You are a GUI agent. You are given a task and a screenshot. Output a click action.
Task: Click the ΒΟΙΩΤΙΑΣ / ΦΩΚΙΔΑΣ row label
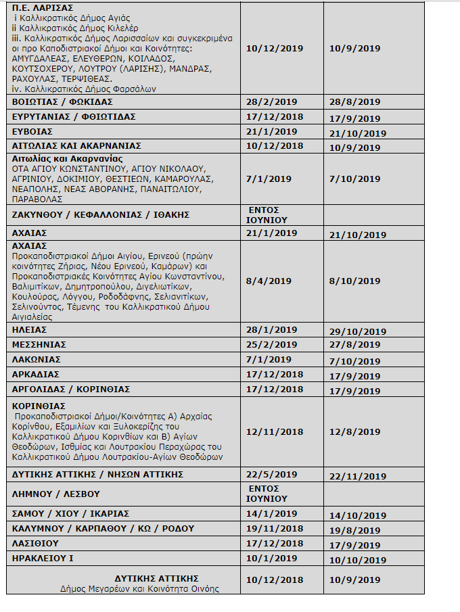(62, 101)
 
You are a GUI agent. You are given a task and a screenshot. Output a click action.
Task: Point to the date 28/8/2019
(354, 102)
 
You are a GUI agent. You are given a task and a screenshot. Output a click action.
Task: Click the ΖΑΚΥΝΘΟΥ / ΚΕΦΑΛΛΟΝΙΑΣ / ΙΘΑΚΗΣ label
(101, 214)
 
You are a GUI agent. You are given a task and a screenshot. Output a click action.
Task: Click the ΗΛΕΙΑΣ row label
(30, 329)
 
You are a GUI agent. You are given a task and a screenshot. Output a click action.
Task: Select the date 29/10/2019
(357, 330)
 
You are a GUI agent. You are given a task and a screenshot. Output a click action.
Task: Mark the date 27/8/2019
(354, 345)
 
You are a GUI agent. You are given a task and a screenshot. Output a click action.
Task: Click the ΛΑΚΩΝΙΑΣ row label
(37, 359)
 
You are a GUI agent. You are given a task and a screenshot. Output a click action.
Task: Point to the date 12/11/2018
(275, 431)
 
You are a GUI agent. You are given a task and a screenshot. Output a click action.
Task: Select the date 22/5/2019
(271, 474)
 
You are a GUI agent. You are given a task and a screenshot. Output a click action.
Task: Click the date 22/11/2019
(357, 475)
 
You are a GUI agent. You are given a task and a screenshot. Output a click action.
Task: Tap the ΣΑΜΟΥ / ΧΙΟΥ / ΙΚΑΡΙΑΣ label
(70, 513)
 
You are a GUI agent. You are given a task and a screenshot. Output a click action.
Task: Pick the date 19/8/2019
(354, 529)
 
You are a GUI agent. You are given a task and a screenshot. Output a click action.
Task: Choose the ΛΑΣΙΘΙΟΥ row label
(35, 543)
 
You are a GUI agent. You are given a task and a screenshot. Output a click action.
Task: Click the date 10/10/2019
(357, 559)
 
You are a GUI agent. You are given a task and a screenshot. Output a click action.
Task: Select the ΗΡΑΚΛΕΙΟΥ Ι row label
(43, 558)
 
